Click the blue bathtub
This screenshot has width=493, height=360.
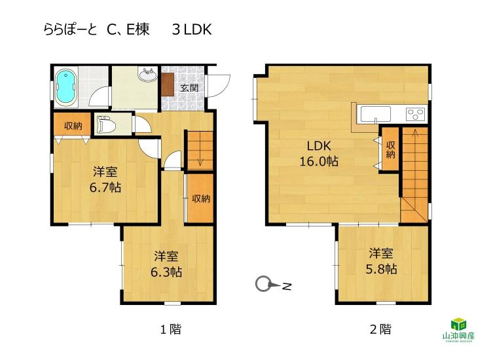tap(66, 86)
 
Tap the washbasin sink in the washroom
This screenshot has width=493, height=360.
tap(147, 75)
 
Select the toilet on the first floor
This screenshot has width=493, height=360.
tap(105, 125)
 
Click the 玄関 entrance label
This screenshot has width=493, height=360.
tap(189, 88)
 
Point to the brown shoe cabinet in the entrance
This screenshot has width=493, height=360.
tap(167, 84)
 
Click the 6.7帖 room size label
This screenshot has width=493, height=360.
tap(105, 188)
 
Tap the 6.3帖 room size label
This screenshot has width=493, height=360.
tap(166, 272)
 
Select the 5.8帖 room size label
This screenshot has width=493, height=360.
tap(381, 269)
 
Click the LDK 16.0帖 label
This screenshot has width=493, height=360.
tap(319, 153)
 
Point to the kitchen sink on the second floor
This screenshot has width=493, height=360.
tap(376, 114)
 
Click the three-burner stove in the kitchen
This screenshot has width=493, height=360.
tap(415, 114)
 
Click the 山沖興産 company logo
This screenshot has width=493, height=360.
tap(459, 329)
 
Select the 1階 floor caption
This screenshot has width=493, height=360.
tap(171, 329)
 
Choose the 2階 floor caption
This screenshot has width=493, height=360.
tap(380, 329)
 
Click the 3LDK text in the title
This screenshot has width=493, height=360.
tap(192, 29)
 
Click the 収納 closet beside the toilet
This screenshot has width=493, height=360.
tap(72, 124)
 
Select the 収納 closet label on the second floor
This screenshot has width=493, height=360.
tap(390, 150)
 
